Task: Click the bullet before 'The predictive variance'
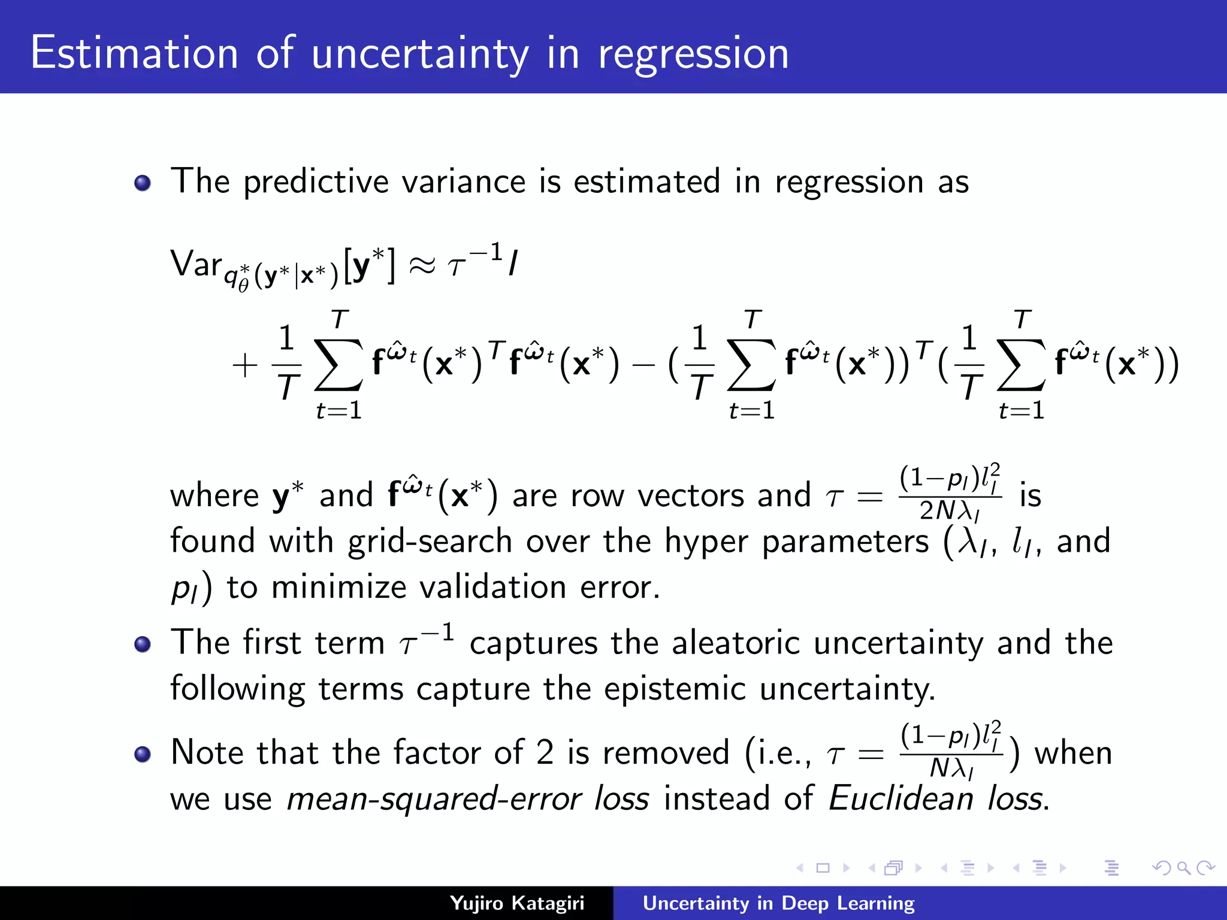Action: coord(143,183)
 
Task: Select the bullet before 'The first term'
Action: coord(143,644)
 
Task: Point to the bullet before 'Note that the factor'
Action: coord(143,754)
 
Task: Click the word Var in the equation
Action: coord(196,264)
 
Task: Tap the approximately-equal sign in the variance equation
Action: coord(422,265)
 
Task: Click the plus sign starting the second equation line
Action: coord(244,365)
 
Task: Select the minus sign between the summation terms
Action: coord(643,365)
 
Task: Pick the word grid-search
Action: coord(430,541)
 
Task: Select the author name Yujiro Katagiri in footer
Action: coord(516,903)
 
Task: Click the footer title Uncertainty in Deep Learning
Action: coord(778,903)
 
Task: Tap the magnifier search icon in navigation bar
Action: coord(1183,867)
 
